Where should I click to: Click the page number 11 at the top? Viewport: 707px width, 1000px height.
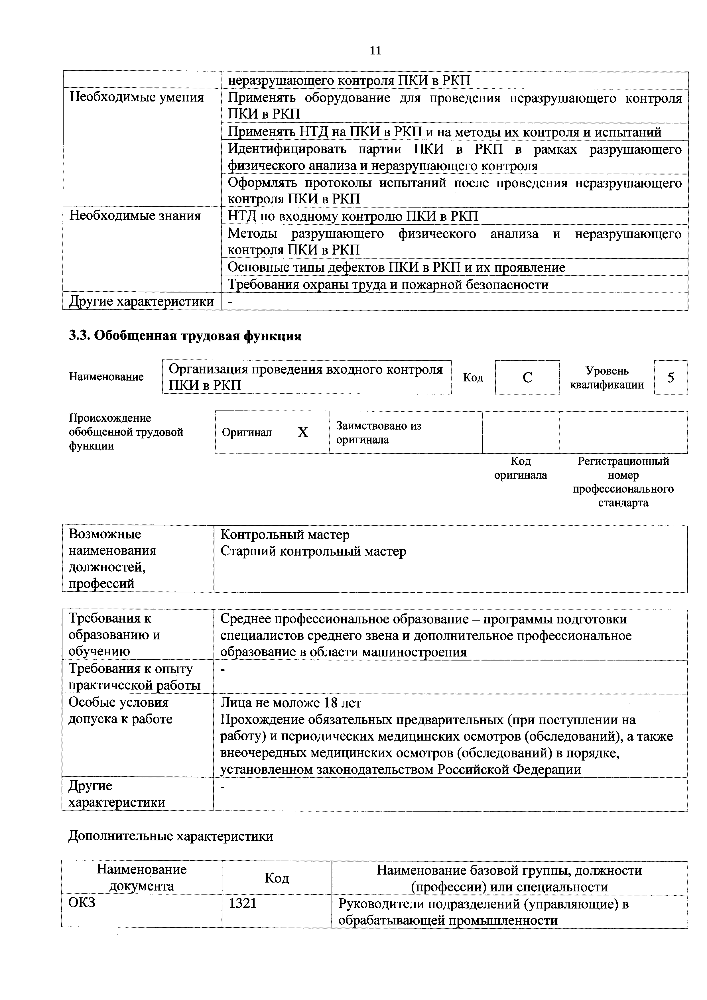click(375, 51)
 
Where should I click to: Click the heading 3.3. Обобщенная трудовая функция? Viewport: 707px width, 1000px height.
click(185, 336)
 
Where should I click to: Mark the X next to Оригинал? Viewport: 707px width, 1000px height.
click(303, 432)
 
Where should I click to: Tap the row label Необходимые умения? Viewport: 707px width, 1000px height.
click(137, 97)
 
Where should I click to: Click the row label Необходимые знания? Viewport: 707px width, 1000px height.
click(135, 216)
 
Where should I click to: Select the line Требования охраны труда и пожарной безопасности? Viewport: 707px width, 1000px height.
click(388, 285)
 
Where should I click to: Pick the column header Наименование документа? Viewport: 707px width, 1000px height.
click(142, 878)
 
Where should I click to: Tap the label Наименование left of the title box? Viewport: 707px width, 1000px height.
click(106, 377)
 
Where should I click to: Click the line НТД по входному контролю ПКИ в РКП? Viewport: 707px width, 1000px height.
click(353, 216)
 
